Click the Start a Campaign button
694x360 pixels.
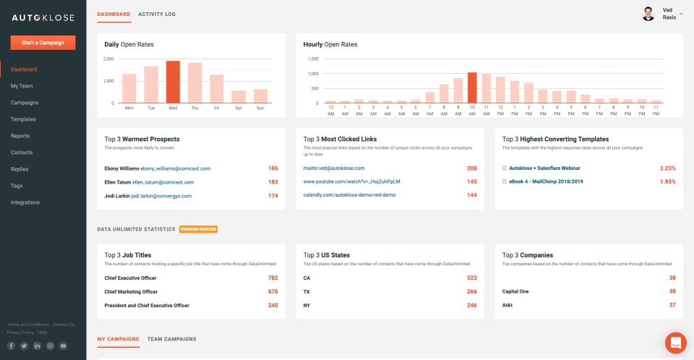pos(43,43)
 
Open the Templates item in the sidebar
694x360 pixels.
pos(23,119)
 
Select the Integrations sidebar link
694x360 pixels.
pos(25,202)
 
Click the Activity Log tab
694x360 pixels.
pos(157,14)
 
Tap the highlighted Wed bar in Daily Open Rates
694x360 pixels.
pos(173,82)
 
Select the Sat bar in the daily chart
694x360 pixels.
pos(239,96)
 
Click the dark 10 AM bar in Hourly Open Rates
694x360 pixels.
pos(472,87)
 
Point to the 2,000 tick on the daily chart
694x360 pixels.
pos(108,59)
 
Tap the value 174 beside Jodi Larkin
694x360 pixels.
pos(273,196)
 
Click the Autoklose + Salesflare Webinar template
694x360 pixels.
pos(544,168)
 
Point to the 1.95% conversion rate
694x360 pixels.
pos(667,181)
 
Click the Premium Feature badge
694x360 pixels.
pos(198,229)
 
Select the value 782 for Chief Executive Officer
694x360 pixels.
pos(273,278)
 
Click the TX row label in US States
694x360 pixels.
pos(307,291)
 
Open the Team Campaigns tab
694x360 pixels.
pos(171,338)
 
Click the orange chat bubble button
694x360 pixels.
pos(675,342)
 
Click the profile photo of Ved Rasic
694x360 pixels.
pos(648,14)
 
